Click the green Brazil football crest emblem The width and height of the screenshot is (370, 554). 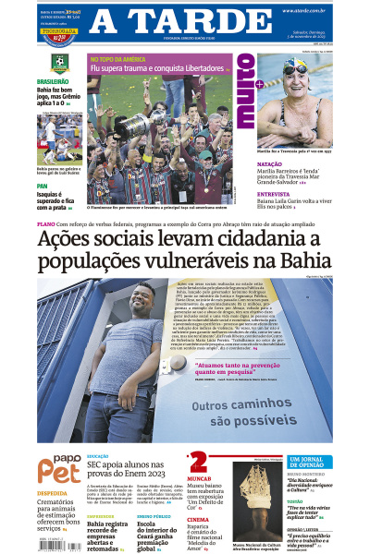coord(59,65)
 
